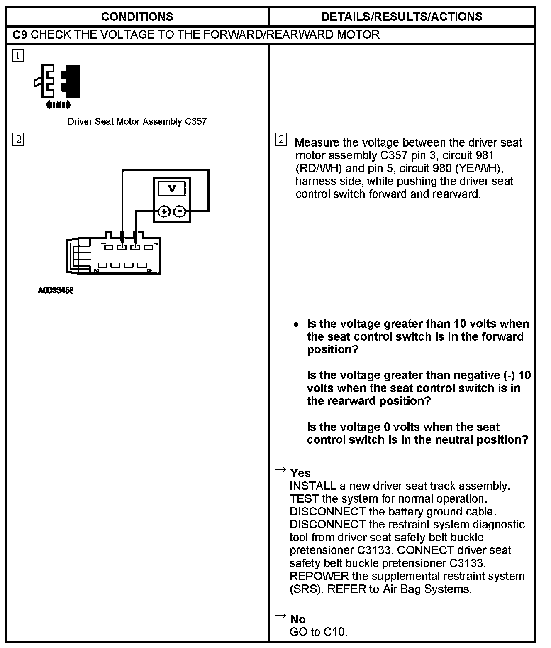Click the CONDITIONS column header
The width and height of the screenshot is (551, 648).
(x=137, y=17)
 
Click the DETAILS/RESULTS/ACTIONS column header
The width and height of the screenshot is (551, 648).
(x=402, y=17)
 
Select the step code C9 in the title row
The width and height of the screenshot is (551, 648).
(x=20, y=34)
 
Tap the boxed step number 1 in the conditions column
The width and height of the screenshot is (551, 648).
(x=18, y=55)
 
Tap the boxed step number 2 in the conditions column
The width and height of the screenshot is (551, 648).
(x=18, y=139)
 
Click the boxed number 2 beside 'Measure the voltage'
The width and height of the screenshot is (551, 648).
(x=281, y=139)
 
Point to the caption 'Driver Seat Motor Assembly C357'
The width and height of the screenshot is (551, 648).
(x=137, y=122)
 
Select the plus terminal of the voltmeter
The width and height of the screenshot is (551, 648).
(x=165, y=212)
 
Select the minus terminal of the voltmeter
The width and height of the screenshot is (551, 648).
(x=179, y=212)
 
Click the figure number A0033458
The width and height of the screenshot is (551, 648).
(x=56, y=291)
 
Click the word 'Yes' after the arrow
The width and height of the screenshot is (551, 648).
(x=300, y=473)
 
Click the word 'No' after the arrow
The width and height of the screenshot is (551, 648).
(x=298, y=619)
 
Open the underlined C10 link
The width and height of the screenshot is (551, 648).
(x=334, y=632)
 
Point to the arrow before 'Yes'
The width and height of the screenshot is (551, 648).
(x=280, y=470)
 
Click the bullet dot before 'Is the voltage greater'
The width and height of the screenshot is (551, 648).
(x=296, y=324)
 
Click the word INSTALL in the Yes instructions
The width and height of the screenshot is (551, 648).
(x=312, y=486)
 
